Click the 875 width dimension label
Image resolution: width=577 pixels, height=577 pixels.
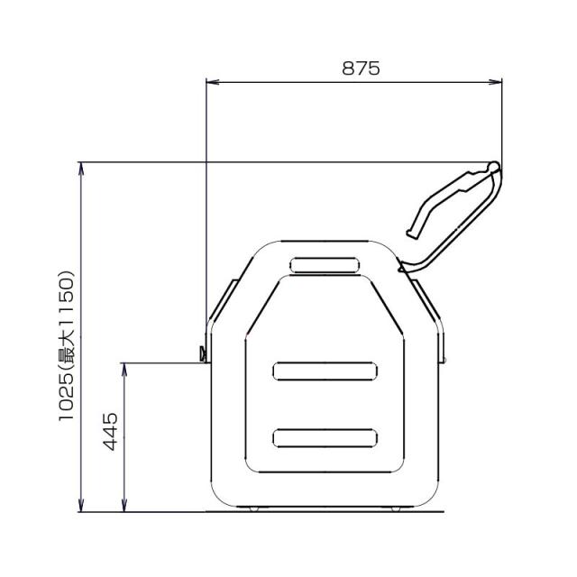click(361, 69)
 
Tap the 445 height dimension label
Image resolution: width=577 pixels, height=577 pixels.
click(110, 432)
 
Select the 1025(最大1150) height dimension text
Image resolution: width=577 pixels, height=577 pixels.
click(67, 345)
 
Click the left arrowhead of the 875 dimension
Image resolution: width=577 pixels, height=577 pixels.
click(213, 82)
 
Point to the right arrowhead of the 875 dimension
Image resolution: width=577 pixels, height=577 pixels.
click(495, 82)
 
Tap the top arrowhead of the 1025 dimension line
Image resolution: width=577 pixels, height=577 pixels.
click(81, 169)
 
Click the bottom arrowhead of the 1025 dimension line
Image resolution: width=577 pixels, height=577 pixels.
click(81, 505)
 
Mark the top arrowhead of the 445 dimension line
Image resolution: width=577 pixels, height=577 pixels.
click(124, 370)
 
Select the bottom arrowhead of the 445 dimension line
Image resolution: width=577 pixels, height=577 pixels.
click(124, 505)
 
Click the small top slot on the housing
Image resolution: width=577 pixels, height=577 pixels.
click(325, 265)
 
